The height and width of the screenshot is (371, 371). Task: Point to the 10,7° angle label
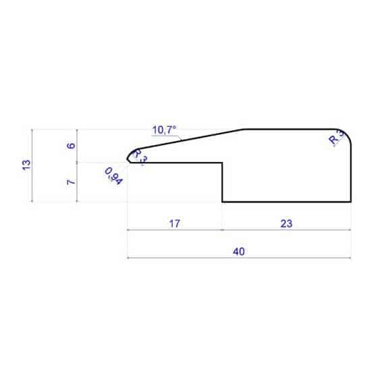[164, 129]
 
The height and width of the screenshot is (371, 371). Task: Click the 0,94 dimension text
[113, 177]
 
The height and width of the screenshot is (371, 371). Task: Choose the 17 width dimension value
[174, 224]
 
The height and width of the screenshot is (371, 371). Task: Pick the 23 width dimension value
[286, 224]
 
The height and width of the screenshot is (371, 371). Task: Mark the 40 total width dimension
[238, 252]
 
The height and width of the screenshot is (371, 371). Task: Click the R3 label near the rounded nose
[139, 155]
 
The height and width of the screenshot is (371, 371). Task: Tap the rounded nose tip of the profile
[128, 158]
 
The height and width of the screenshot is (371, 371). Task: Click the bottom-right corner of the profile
[351, 201]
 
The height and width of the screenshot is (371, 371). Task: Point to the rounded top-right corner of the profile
[347, 133]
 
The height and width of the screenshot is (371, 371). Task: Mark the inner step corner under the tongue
[223, 162]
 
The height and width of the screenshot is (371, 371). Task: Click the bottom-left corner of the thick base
[223, 201]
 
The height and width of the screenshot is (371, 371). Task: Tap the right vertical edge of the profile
[351, 169]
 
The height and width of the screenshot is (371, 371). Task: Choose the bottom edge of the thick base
[287, 201]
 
